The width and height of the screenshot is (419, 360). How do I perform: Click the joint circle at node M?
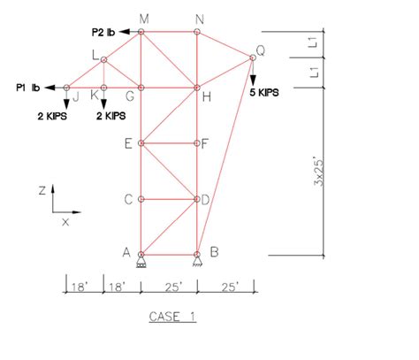(x=141, y=32)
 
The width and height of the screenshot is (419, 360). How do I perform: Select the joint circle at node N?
(x=198, y=32)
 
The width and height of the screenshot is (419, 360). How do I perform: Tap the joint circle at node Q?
(x=253, y=57)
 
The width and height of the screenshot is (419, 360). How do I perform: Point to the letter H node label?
(x=207, y=96)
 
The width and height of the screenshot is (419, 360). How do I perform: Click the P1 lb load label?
(x=28, y=88)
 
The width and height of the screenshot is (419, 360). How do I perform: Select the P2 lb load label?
(x=103, y=32)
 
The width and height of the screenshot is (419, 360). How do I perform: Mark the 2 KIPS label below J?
(x=52, y=115)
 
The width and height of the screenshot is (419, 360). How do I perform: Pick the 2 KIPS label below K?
(x=110, y=115)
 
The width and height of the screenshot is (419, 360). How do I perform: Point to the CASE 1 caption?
(x=171, y=316)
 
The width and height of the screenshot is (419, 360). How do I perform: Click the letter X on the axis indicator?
(x=65, y=222)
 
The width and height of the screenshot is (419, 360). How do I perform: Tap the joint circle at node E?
(x=141, y=142)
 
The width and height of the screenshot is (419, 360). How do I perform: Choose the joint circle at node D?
(x=198, y=199)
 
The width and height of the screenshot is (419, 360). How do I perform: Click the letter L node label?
(x=95, y=55)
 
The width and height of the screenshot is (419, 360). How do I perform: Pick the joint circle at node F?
(x=198, y=142)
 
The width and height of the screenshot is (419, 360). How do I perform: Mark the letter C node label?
(x=128, y=199)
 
